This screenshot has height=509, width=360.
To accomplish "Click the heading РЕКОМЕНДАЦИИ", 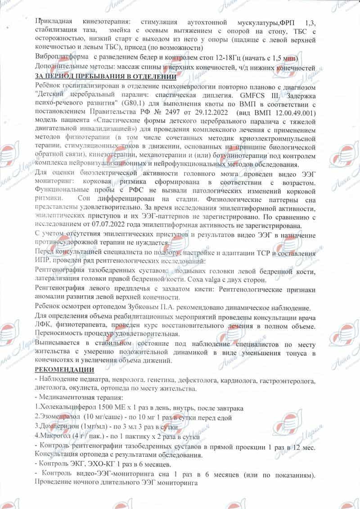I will (64, 370).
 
